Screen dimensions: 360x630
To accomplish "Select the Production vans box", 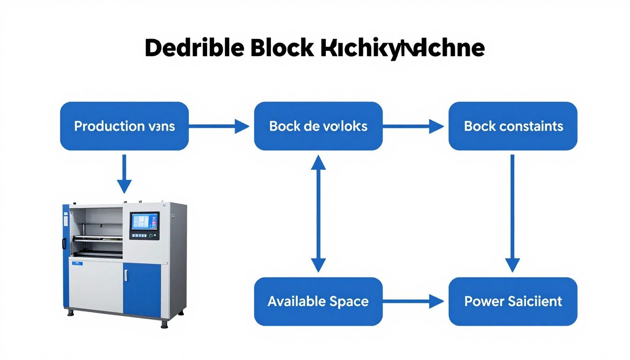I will [124, 126].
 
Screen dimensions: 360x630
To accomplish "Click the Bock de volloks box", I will [318, 126].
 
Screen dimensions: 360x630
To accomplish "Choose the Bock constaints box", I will [513, 126].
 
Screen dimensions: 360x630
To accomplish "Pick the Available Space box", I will [318, 301].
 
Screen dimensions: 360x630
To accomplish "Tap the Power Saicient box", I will [513, 301].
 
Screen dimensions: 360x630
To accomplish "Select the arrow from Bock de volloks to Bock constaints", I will [413, 126].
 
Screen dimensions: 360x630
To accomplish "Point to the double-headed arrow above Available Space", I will [318, 214].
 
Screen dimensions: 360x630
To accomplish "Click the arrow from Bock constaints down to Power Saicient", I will [512, 214].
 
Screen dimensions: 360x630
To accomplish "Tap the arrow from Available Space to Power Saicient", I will [413, 301].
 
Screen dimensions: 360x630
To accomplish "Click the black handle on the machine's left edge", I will [63, 243].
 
